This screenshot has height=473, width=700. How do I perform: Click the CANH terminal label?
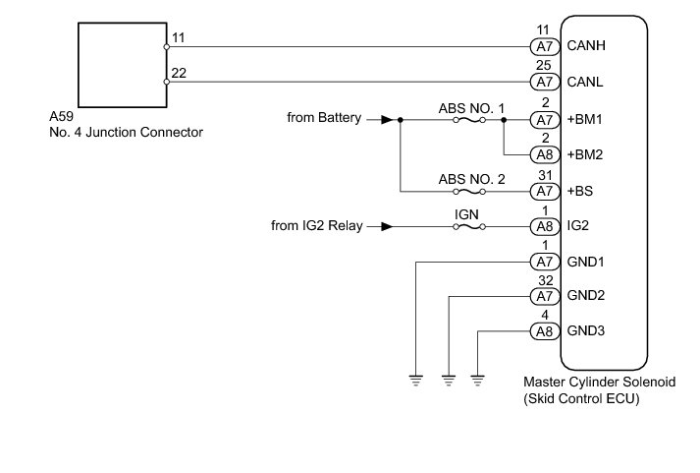tap(585, 46)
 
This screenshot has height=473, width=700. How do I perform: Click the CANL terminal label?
tap(585, 83)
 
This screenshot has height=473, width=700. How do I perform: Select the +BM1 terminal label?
tap(585, 119)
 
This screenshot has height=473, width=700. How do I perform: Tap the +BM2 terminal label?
tap(585, 154)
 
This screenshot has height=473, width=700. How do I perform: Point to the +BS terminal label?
tap(581, 191)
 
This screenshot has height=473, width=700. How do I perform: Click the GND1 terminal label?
tap(585, 262)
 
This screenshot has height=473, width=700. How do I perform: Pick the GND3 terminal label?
tap(585, 330)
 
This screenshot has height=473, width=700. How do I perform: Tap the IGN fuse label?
tap(466, 213)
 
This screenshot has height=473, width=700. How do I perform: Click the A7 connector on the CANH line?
tap(543, 46)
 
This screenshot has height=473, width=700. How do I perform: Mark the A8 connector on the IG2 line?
tap(543, 226)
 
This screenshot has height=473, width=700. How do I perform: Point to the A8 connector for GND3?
tap(543, 330)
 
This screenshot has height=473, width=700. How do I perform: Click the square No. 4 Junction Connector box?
tap(121, 66)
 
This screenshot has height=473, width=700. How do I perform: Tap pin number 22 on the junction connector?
tap(179, 73)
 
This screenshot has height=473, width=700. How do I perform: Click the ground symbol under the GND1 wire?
tap(416, 378)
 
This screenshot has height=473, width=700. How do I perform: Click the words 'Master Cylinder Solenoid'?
tap(599, 382)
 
